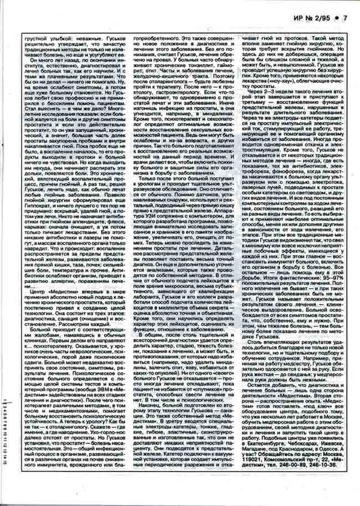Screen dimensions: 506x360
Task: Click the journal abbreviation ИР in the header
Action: click(x=294, y=18)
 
